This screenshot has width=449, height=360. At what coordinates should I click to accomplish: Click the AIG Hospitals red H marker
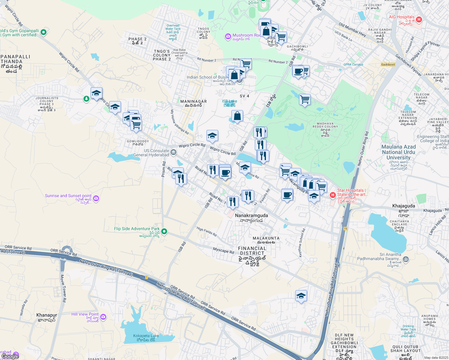(419, 20)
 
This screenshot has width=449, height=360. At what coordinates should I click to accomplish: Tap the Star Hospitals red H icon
(333, 195)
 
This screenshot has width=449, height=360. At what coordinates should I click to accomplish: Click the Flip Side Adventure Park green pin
(164, 231)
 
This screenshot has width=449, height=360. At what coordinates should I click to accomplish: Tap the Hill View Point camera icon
(103, 317)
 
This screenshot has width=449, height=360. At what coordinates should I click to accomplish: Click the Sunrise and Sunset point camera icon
(96, 198)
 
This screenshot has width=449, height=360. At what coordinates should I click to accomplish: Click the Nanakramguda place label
(251, 215)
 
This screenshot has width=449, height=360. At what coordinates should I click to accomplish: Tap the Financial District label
(252, 251)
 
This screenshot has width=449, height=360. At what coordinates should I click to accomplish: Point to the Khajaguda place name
(403, 206)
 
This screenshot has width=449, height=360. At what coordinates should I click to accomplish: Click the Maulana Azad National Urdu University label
(398, 152)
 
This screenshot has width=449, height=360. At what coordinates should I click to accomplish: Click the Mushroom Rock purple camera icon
(228, 37)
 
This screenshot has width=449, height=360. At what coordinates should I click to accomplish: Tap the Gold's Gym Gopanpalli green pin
(43, 32)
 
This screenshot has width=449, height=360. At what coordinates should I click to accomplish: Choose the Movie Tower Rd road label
(63, 288)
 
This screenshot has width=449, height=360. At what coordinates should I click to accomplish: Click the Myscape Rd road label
(223, 250)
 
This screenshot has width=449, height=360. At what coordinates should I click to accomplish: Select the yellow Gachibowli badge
(388, 64)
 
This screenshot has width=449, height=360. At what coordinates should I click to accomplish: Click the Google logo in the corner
(10, 356)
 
